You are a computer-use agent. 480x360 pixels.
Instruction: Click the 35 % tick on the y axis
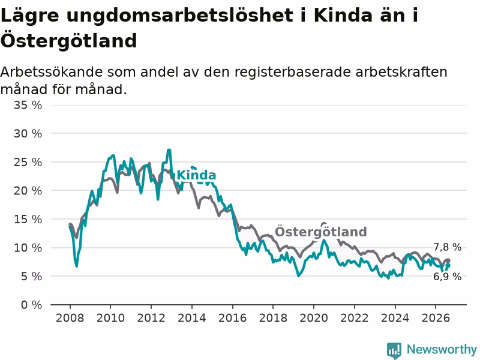(28, 106)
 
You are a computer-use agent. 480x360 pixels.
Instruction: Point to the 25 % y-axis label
(28, 162)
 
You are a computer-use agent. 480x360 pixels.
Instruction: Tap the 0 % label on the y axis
(32, 305)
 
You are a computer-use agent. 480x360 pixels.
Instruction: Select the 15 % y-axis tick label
(28, 219)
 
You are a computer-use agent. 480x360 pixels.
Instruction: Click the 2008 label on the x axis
(70, 318)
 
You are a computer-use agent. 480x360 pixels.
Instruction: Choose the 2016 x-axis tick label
(232, 318)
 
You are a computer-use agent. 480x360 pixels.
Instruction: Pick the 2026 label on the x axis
(436, 318)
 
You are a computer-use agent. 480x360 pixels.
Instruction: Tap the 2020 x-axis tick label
(314, 318)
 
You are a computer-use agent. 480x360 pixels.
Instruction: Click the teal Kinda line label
(197, 175)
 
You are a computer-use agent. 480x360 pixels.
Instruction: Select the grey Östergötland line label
(321, 232)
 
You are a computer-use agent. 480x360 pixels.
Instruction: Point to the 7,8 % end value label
(448, 247)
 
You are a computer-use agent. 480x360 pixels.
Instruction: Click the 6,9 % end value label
(448, 277)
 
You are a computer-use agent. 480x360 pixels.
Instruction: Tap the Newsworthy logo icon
(394, 350)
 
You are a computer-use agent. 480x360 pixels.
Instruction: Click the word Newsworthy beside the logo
(442, 349)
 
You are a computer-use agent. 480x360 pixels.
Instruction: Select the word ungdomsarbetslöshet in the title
(179, 16)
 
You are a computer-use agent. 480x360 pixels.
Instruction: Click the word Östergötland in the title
(69, 41)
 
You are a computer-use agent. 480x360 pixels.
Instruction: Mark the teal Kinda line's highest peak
(169, 150)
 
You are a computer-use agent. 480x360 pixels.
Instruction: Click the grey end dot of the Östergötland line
(448, 260)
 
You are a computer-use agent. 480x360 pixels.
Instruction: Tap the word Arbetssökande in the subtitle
(52, 72)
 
